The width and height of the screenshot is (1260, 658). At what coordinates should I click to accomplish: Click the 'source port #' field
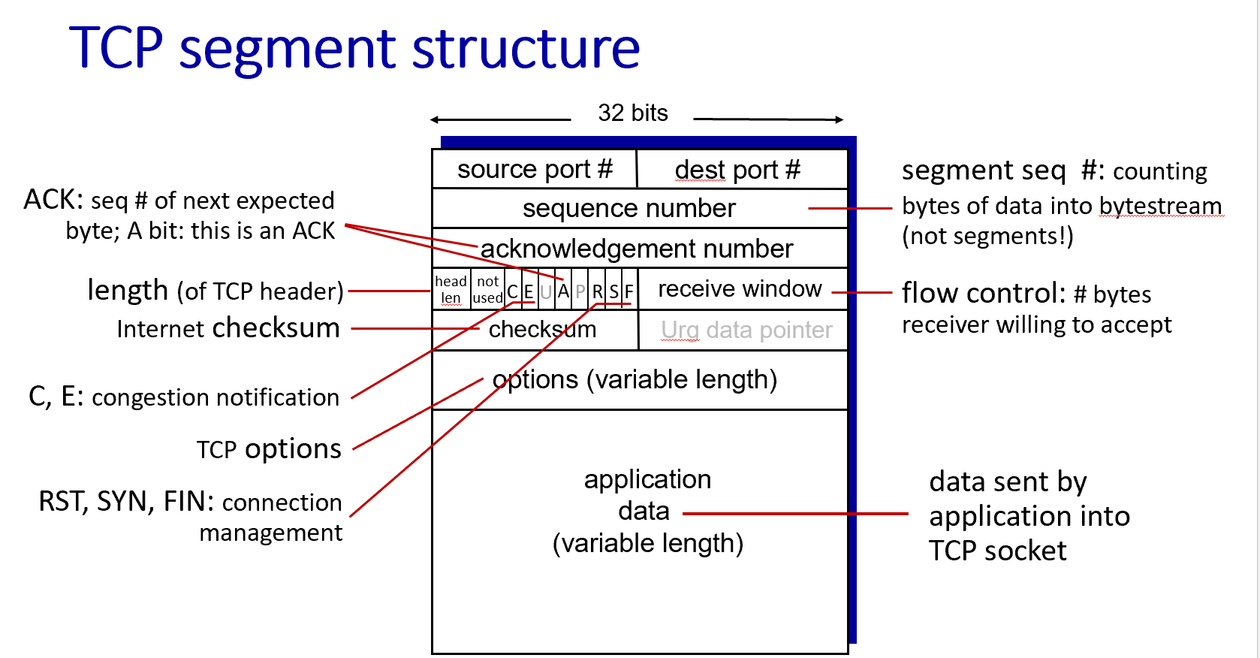535,170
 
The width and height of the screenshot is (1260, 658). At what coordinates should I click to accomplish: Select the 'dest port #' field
737,171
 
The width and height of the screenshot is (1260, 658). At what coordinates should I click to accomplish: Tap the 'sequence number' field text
628,208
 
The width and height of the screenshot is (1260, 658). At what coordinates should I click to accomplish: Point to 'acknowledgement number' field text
636,249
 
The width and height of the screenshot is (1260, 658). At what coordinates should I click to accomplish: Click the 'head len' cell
451,289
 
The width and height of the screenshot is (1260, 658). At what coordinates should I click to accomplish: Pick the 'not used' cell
488,289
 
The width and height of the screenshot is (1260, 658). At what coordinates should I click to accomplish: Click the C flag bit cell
513,291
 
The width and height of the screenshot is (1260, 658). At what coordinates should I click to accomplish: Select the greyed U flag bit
546,291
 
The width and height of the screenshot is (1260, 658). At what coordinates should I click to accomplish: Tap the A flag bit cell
563,291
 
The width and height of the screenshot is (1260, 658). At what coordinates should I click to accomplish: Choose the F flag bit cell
629,291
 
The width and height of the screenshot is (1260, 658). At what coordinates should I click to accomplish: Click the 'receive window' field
740,289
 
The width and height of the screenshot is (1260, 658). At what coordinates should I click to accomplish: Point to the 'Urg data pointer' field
746,330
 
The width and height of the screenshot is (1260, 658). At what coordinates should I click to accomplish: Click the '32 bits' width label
632,113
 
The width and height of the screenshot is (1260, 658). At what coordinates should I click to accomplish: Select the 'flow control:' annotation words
983,294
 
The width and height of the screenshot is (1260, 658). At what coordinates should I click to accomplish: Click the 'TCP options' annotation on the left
269,449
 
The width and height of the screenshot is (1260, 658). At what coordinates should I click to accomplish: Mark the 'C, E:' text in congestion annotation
56,397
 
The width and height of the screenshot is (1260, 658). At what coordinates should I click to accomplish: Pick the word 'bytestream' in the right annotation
1160,206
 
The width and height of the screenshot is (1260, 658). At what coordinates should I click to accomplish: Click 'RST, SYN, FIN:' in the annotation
126,502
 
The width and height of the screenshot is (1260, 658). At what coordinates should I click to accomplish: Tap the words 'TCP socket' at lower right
997,551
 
